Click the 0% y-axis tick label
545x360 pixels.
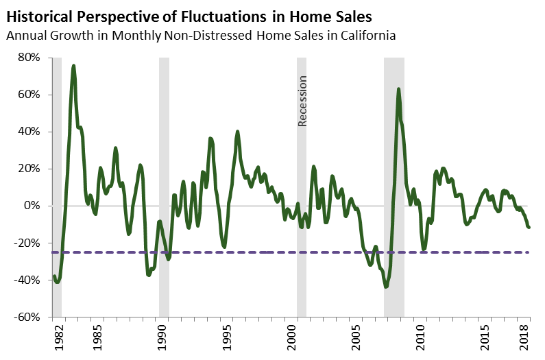point(36,206)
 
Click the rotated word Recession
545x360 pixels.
point(302,101)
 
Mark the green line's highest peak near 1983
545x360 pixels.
point(73,66)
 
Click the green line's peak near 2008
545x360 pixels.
point(398,89)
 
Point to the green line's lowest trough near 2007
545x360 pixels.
point(386,287)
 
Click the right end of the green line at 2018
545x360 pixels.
point(529,227)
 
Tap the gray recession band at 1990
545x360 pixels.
point(164,185)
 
